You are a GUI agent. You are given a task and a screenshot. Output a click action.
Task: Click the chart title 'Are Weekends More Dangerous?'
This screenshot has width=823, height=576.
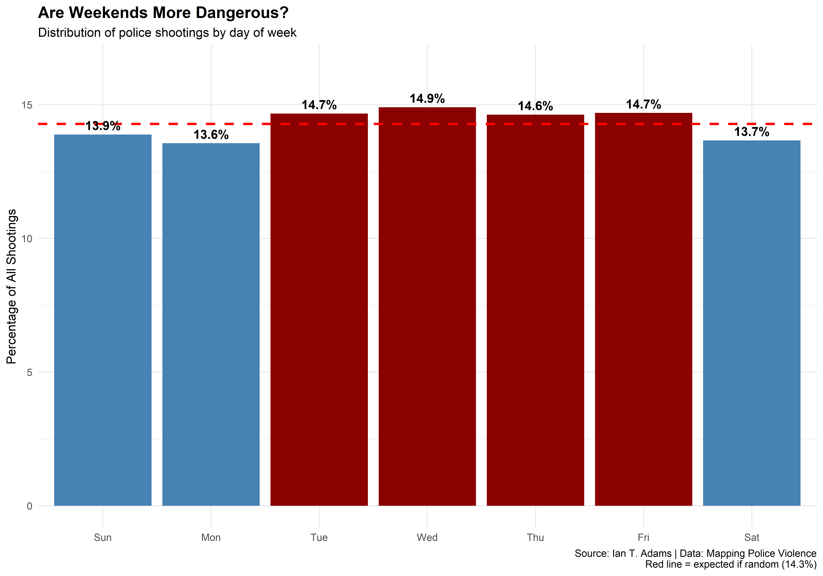coord(163,13)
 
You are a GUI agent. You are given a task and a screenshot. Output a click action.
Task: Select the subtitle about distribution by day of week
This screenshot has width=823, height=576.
coord(167,33)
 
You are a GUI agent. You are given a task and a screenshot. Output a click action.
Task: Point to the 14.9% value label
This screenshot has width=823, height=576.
coord(427,99)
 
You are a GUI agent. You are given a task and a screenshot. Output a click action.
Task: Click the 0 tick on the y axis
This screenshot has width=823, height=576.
coord(29,506)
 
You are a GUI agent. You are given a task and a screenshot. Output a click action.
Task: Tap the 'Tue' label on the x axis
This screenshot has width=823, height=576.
coord(319,537)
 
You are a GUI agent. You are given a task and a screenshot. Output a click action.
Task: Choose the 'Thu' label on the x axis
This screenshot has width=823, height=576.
coord(535,537)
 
